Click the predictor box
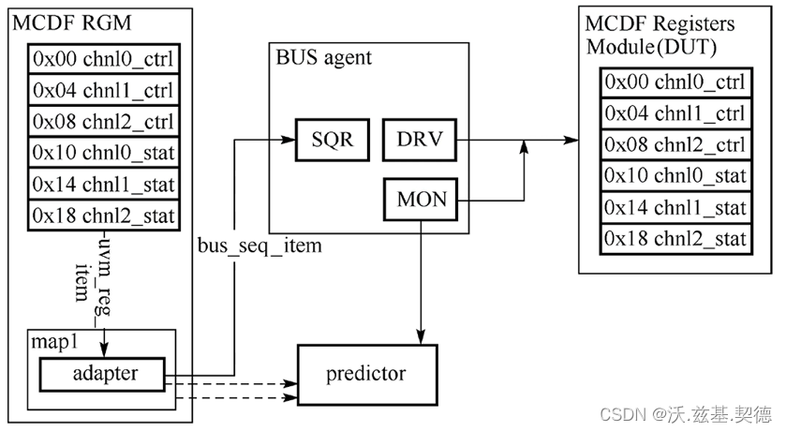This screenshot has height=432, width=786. (365, 375)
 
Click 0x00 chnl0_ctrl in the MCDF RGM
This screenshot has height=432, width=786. (105, 61)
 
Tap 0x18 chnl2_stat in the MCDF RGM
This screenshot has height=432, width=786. (105, 216)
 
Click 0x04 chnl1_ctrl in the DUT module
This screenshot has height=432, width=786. (675, 114)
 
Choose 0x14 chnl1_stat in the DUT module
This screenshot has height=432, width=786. (675, 207)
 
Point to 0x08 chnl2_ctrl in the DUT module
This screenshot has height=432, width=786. (675, 145)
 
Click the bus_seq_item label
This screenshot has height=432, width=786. (260, 246)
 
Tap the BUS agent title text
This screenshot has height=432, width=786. (323, 57)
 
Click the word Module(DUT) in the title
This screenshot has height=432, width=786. (647, 46)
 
